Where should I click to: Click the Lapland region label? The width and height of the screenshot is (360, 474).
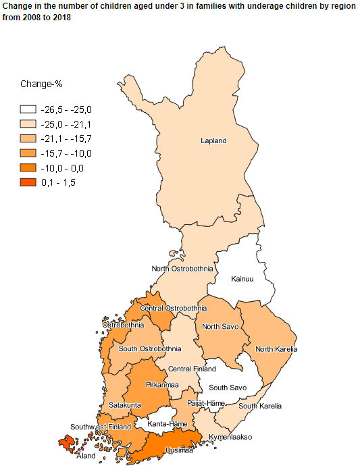click(213, 141)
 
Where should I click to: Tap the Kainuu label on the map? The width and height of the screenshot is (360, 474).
click(242, 279)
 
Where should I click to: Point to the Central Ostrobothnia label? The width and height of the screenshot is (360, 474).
click(173, 309)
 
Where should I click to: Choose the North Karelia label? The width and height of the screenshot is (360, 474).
click(276, 349)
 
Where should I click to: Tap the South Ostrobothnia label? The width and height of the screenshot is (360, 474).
click(149, 349)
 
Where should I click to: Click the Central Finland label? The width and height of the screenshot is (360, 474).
click(192, 369)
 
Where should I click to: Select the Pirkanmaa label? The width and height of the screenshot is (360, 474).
click(162, 385)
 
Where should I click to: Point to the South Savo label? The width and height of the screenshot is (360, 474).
click(228, 388)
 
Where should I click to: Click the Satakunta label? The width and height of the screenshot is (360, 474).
click(124, 405)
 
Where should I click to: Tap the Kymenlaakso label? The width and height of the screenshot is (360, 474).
click(230, 437)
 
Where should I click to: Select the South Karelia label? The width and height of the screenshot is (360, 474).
click(260, 406)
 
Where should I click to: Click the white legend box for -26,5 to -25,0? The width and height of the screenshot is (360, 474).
click(28, 109)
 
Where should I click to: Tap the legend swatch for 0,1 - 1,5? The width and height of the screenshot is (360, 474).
click(28, 182)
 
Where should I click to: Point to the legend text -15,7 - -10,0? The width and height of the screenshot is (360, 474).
click(66, 153)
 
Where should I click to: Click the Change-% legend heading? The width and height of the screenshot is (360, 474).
click(41, 84)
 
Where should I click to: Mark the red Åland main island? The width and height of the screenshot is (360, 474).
click(66, 443)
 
